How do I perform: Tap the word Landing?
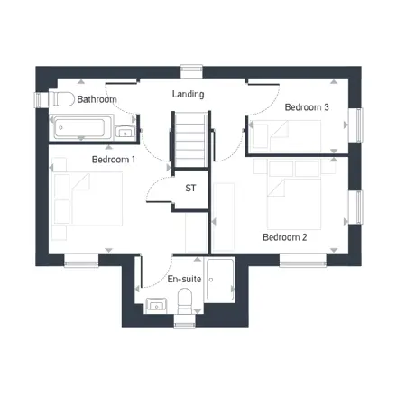(x=188, y=94)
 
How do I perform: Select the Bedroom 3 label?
(x=307, y=107)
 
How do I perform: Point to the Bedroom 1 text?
(x=114, y=160)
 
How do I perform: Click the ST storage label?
(x=190, y=189)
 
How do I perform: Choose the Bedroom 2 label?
(x=285, y=238)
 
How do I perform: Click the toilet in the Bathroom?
(x=61, y=97)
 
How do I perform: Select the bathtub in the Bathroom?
(x=81, y=127)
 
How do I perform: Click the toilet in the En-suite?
(x=187, y=301)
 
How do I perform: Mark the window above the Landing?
(x=191, y=69)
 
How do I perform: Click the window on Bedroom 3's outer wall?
(x=359, y=125)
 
